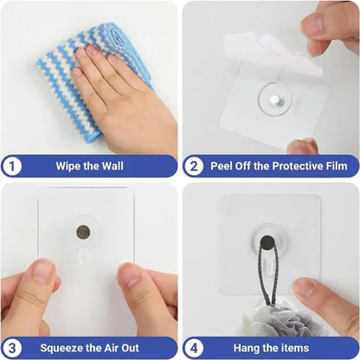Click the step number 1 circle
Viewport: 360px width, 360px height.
[12, 165]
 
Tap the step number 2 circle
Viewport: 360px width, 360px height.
[194, 165]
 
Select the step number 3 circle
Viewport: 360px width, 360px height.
[12, 348]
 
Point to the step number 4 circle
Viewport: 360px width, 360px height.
[194, 348]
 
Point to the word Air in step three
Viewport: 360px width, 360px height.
[119, 348]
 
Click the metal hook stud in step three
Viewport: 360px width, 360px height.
[84, 232]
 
